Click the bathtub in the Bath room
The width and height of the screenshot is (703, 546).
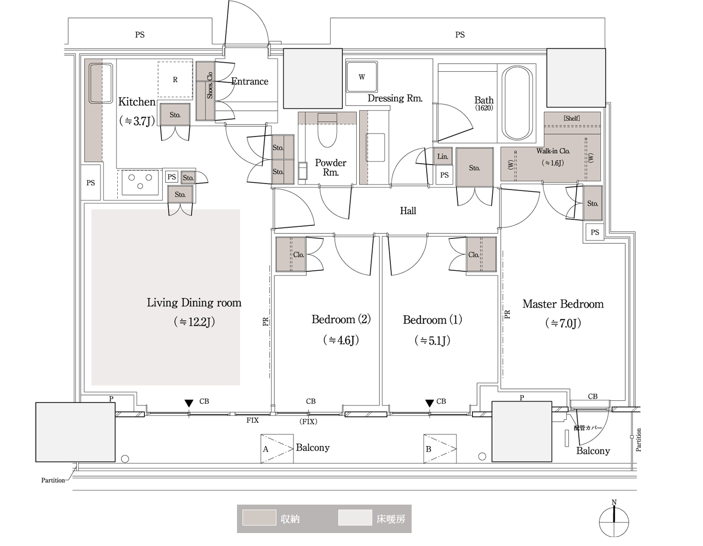pyautogui.click(x=517, y=103)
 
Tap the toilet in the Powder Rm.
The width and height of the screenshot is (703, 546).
pyautogui.click(x=327, y=131)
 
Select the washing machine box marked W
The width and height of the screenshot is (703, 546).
pyautogui.click(x=362, y=77)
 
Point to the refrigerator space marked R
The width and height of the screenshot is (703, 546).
pyautogui.click(x=175, y=79)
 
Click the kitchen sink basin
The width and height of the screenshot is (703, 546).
pyautogui.click(x=101, y=83)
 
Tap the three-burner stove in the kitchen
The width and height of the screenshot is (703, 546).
pyautogui.click(x=140, y=182)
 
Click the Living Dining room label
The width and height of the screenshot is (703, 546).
pyautogui.click(x=194, y=303)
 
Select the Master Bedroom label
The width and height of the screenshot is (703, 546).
pyautogui.click(x=563, y=304)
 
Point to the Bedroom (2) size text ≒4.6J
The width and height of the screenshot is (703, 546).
pyautogui.click(x=341, y=340)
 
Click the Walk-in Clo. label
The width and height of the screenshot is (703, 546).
pyautogui.click(x=553, y=151)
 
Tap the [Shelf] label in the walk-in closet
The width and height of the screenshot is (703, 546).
pyautogui.click(x=572, y=118)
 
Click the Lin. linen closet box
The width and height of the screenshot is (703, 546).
pyautogui.click(x=443, y=157)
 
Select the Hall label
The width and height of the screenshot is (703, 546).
pyautogui.click(x=408, y=211)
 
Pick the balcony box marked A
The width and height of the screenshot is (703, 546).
pyautogui.click(x=277, y=449)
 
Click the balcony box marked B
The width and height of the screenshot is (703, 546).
pyautogui.click(x=440, y=449)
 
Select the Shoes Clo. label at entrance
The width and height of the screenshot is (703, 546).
pyautogui.click(x=210, y=85)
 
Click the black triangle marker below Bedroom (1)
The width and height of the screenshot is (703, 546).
pyautogui.click(x=429, y=403)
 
